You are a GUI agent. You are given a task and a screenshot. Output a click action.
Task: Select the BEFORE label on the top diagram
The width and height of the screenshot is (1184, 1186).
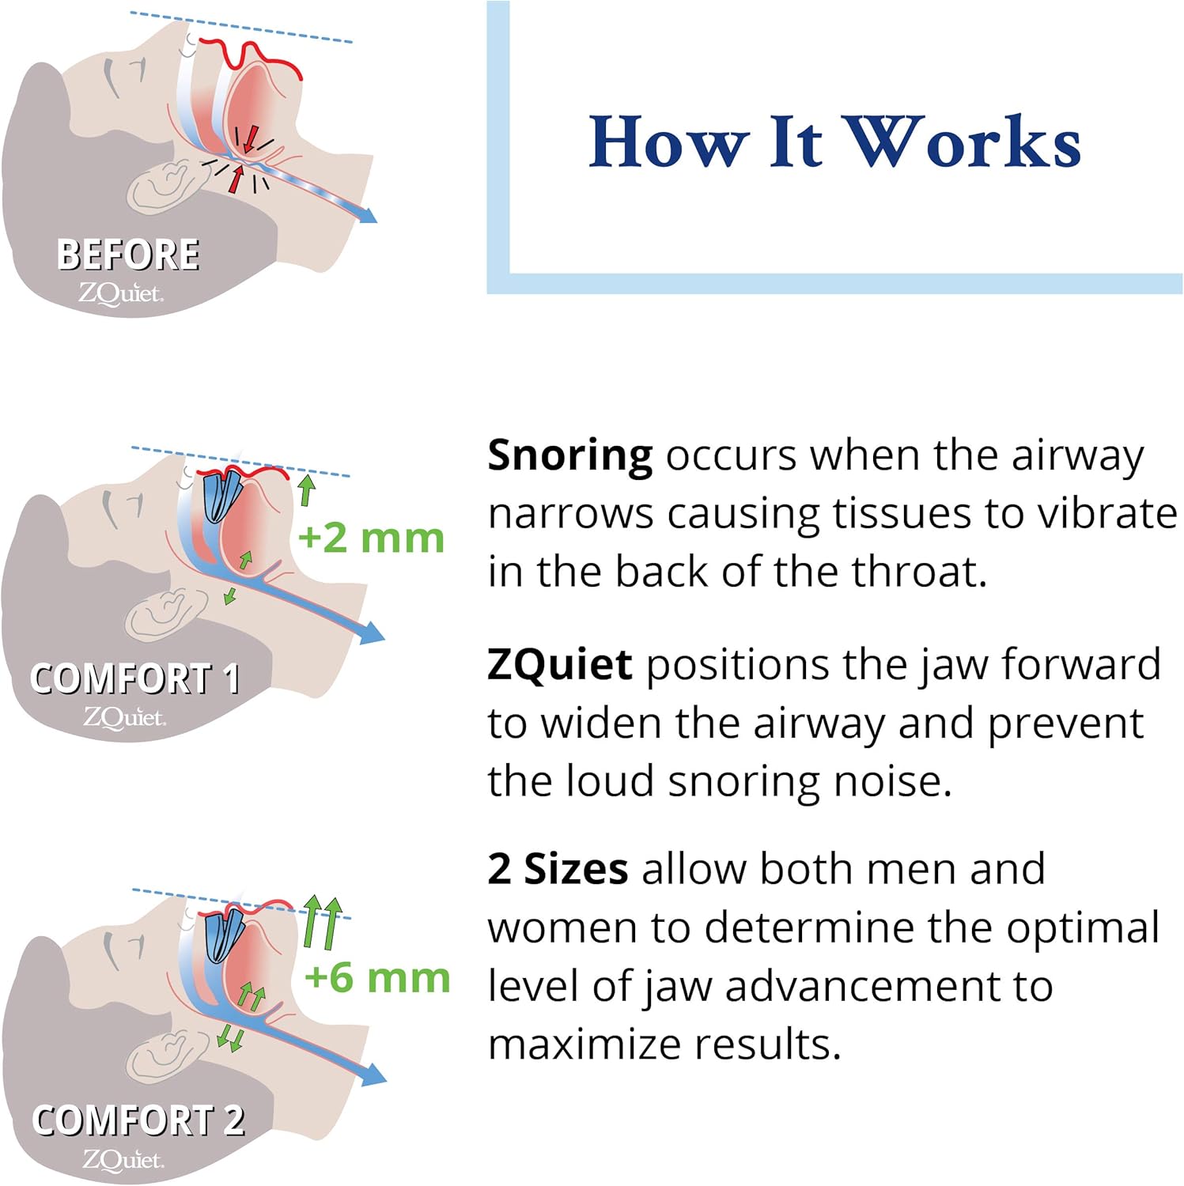[x=128, y=255]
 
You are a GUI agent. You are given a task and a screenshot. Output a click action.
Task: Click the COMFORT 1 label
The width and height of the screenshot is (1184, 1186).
[x=134, y=679]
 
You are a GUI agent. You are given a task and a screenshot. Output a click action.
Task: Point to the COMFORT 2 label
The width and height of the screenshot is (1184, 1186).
[x=138, y=1120]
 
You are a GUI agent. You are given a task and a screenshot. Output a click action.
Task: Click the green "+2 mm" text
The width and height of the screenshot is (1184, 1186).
[x=371, y=538]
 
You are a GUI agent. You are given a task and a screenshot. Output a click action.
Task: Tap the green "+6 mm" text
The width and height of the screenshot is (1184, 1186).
[x=376, y=978]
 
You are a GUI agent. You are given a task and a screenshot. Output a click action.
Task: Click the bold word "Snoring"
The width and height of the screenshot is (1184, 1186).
[x=569, y=456]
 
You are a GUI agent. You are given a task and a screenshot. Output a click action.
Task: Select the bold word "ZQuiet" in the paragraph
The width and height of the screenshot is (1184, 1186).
[x=559, y=664]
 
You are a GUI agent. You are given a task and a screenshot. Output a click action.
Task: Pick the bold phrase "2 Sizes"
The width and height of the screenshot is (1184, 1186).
[x=558, y=869]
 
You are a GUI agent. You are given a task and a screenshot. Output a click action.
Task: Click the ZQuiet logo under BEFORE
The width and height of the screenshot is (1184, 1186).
[x=120, y=294]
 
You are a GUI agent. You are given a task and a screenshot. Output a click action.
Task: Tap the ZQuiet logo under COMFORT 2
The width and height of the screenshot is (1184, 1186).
[x=123, y=1160]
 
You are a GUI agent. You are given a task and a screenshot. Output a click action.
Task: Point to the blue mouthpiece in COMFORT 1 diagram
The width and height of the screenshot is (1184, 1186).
[x=223, y=496]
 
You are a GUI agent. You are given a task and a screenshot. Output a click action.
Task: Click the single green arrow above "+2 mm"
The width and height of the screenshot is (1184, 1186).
[x=307, y=489]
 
